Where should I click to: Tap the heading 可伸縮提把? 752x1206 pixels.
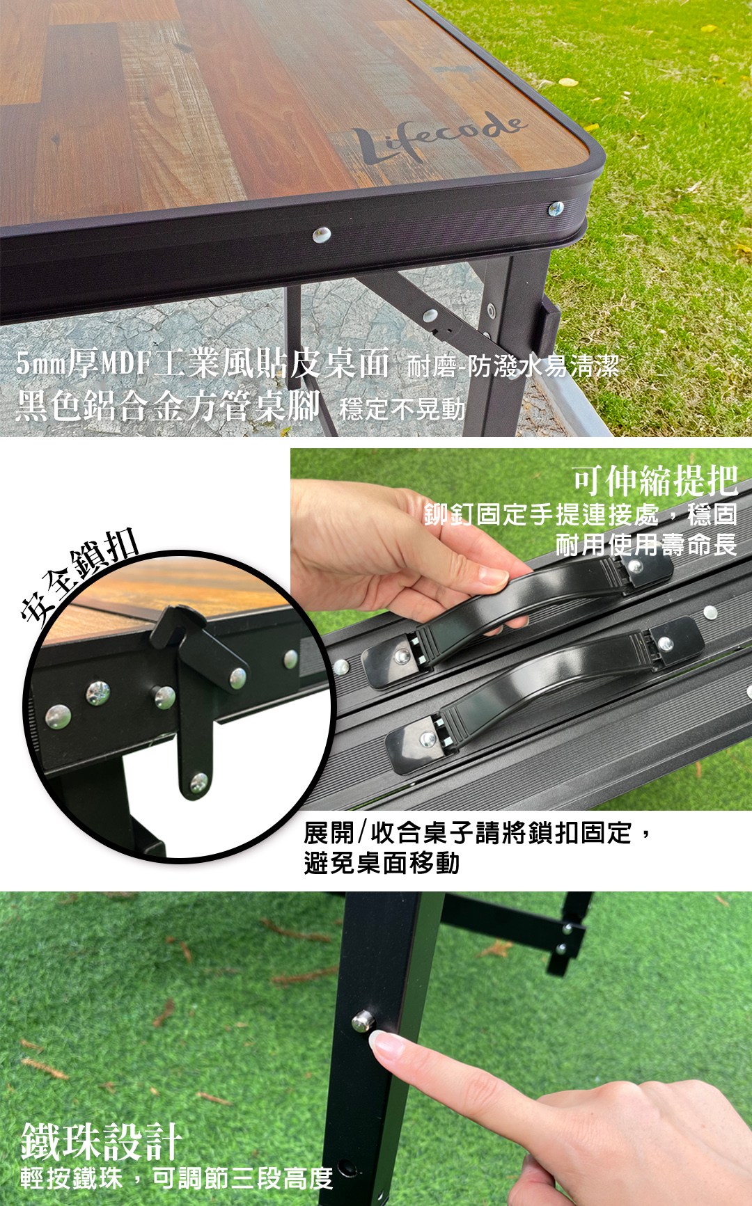click(x=655, y=479)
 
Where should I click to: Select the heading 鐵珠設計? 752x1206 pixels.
click(x=102, y=1141)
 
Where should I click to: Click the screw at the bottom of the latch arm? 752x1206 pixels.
click(x=198, y=783)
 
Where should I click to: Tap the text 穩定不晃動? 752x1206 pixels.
click(x=402, y=409)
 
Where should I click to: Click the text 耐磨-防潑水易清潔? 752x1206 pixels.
click(x=512, y=366)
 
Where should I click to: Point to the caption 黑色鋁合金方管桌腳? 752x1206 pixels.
click(x=167, y=406)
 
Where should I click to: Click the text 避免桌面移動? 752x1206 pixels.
click(x=382, y=863)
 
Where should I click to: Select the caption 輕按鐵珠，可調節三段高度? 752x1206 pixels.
click(x=177, y=1178)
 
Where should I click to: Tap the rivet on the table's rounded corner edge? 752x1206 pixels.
click(x=555, y=208)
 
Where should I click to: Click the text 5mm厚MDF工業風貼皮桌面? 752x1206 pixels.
click(x=201, y=363)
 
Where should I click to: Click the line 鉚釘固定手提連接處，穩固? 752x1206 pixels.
click(x=581, y=515)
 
